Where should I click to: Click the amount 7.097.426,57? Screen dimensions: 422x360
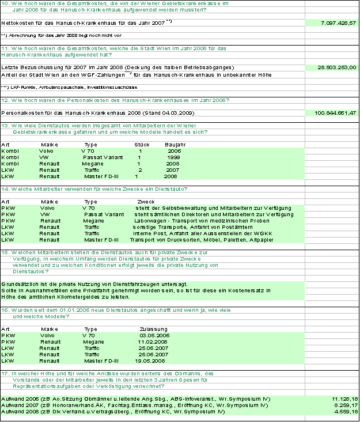coord(339,23)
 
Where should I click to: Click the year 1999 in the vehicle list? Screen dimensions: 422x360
coord(173,157)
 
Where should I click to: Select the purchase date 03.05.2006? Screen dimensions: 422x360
coord(154,335)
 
